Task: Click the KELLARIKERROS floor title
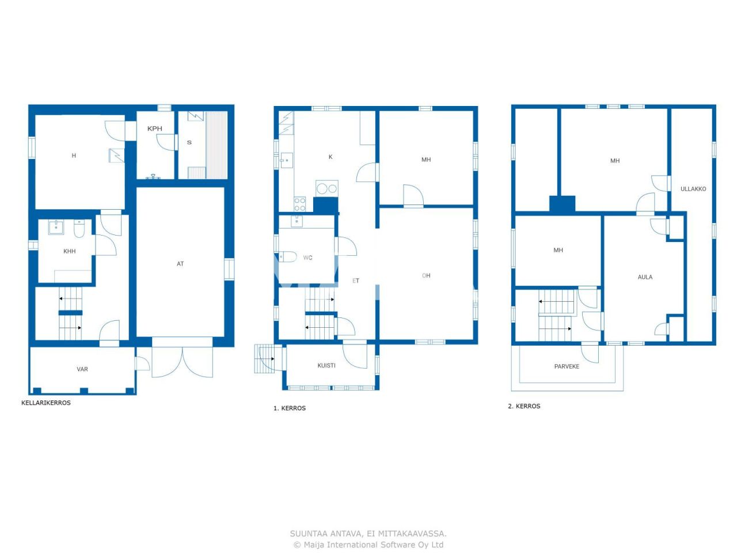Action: (46, 403)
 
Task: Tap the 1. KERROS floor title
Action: (290, 408)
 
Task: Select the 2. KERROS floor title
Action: (524, 406)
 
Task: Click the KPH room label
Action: (155, 128)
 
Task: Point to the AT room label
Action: (180, 264)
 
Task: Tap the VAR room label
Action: (82, 369)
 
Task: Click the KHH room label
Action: (70, 251)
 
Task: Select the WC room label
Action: (308, 257)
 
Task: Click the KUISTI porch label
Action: (326, 366)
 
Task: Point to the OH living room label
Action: (426, 275)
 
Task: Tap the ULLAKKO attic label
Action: (693, 189)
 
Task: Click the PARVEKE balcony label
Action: (567, 366)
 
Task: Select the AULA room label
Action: (645, 277)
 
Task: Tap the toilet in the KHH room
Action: (79, 229)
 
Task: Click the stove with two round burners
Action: (327, 188)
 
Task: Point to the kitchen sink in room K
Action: (286, 160)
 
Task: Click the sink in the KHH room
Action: (56, 227)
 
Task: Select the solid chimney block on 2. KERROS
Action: (562, 204)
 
